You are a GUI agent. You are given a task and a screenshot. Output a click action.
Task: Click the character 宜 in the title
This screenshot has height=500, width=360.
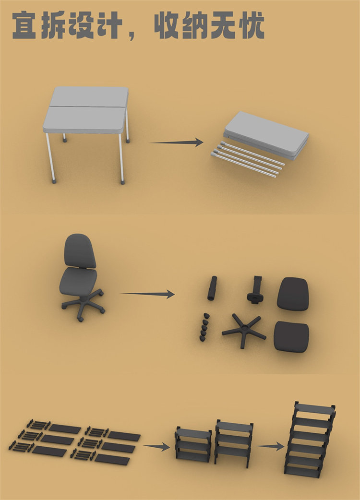click(x=24, y=25)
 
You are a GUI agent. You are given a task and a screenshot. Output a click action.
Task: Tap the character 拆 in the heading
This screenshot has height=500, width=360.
click(x=53, y=25)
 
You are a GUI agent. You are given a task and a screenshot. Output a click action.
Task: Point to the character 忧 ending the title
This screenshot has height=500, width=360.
click(x=251, y=25)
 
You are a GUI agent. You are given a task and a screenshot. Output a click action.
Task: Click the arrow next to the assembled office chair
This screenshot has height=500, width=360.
click(x=147, y=294)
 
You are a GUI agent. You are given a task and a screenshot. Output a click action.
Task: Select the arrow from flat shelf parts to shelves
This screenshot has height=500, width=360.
click(x=156, y=446)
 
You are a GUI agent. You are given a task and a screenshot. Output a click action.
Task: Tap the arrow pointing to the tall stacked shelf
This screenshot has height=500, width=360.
click(x=270, y=446)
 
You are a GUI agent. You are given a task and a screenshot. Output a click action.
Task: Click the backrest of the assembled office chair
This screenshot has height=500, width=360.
click(x=80, y=251)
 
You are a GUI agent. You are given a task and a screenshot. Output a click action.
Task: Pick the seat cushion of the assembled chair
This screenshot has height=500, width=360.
click(x=78, y=281)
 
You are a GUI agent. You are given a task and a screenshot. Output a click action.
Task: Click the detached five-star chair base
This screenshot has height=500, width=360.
click(x=244, y=330)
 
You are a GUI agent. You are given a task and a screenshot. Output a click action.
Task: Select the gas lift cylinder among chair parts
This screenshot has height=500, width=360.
click(x=212, y=288)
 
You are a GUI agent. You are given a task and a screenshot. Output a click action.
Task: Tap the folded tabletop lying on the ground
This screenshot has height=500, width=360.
click(x=266, y=134)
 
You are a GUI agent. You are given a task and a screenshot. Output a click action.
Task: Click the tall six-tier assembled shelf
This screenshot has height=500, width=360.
click(x=310, y=440)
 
